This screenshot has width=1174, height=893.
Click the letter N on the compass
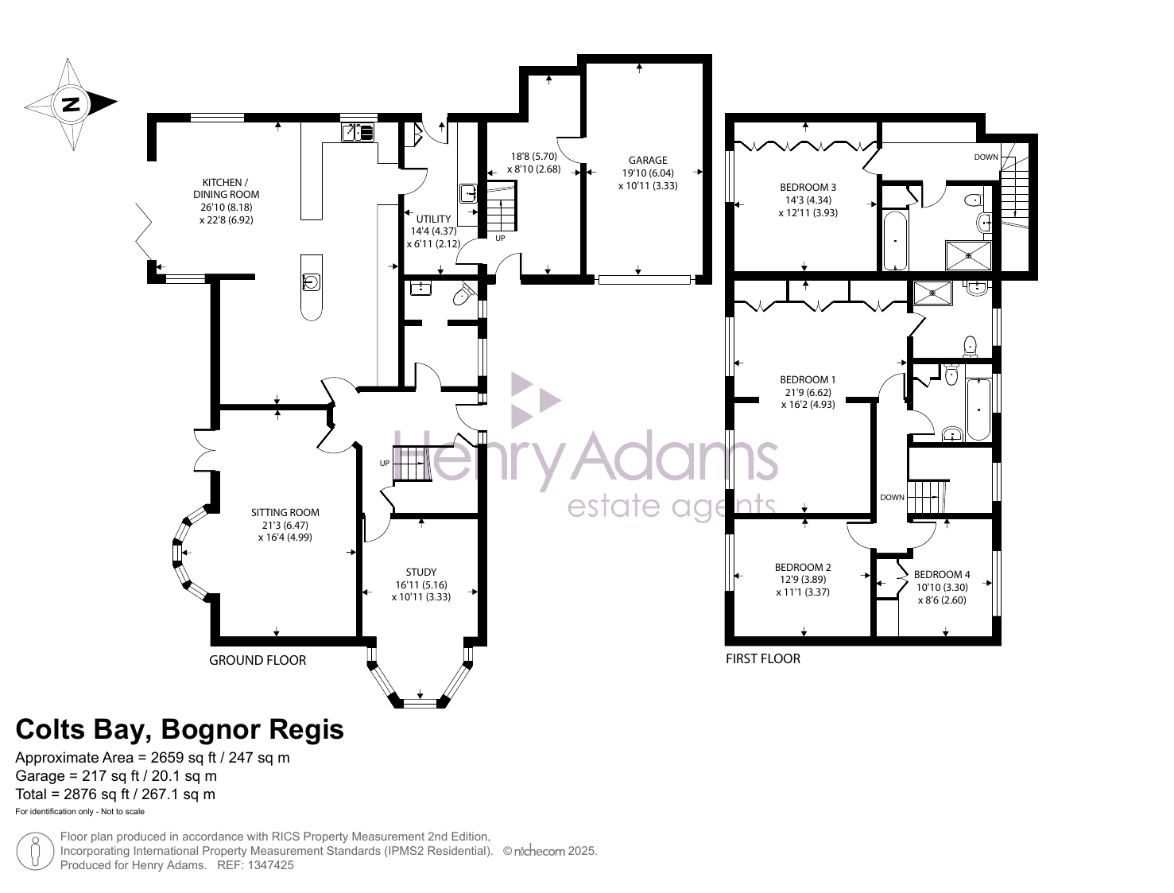point(70,104)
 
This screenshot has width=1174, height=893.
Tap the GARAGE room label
point(648,160)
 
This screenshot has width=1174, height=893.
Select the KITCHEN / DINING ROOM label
point(226,188)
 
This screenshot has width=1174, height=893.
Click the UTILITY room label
point(433,219)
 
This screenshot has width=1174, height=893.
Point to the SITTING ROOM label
point(285,512)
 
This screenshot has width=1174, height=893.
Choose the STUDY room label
point(421,572)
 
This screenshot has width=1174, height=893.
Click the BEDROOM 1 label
point(808,379)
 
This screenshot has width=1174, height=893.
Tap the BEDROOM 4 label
point(942,574)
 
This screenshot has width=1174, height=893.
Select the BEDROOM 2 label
point(803,567)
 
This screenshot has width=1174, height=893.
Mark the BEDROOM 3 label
point(808,188)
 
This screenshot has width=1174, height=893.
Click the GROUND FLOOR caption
point(258,660)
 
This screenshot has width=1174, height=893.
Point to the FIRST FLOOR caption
point(763,658)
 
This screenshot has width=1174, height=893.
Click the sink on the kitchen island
point(311,281)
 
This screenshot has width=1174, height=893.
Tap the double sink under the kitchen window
point(358,132)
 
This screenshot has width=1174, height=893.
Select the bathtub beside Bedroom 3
point(895,241)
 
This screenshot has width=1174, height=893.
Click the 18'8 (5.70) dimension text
point(534,156)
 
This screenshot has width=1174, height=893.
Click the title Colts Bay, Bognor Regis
point(180,728)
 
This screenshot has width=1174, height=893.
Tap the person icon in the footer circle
point(35,850)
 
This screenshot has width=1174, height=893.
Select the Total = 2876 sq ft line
point(115,794)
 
